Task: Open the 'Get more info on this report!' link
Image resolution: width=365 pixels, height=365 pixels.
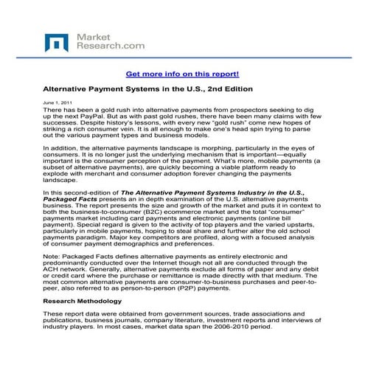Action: click(x=182, y=74)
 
